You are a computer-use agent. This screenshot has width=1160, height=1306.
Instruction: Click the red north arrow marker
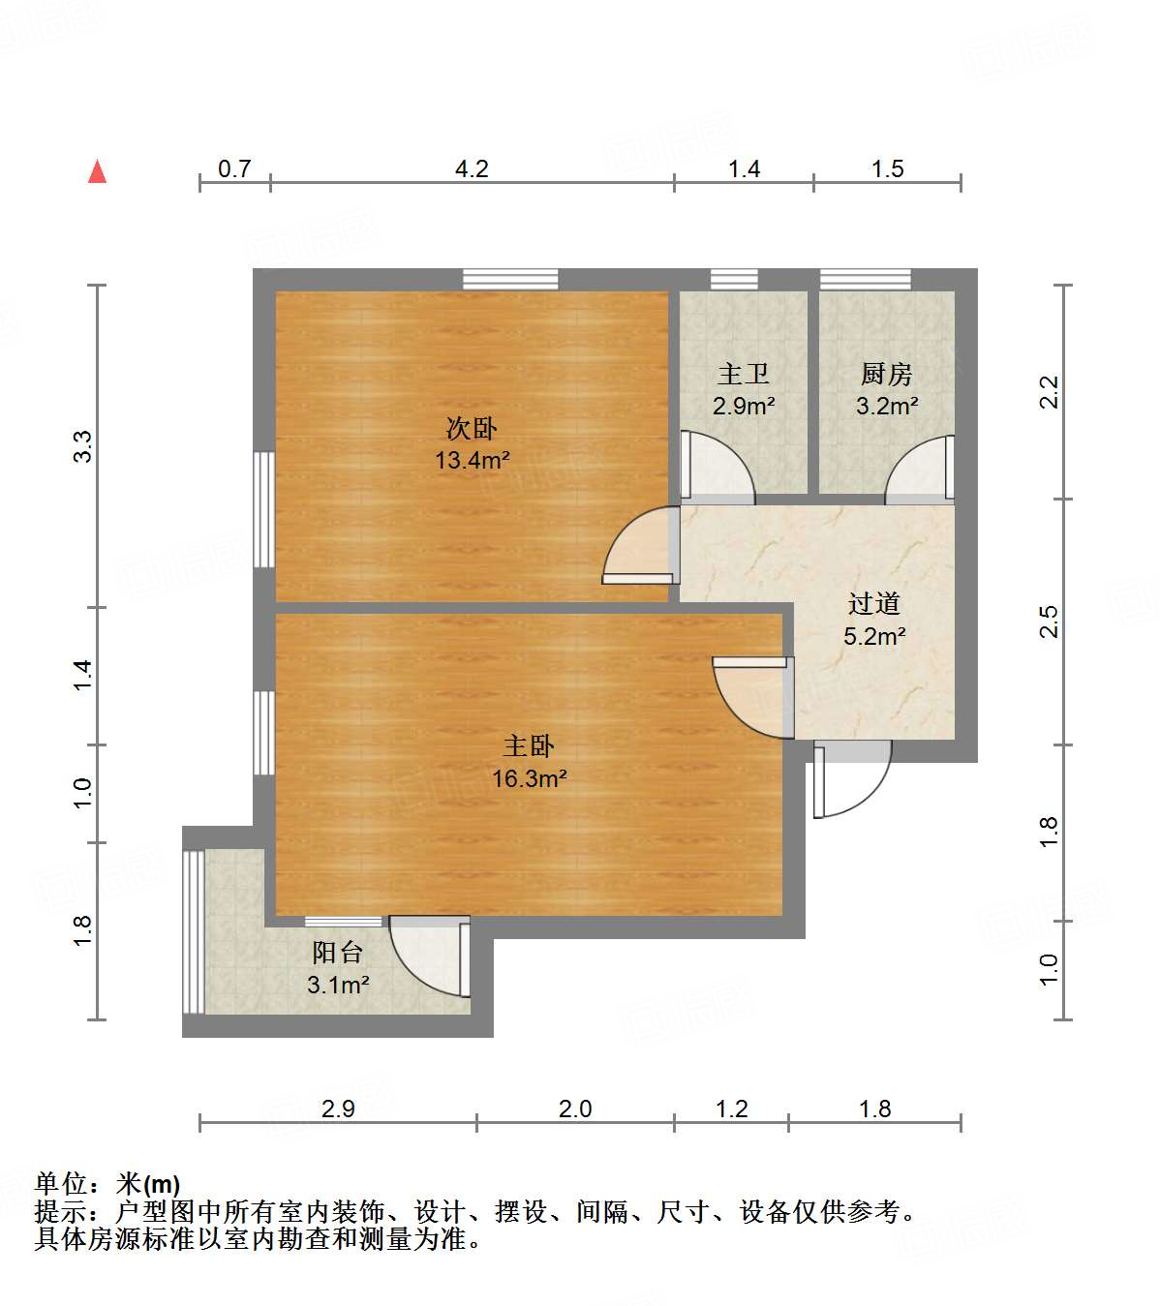pyautogui.click(x=97, y=171)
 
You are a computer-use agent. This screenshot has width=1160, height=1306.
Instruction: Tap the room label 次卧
pyautogui.click(x=472, y=428)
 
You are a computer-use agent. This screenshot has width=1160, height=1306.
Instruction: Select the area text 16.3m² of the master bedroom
pyautogui.click(x=530, y=777)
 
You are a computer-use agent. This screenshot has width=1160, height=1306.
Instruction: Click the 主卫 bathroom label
pyautogui.click(x=743, y=374)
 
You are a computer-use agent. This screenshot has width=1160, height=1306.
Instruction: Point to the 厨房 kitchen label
pyautogui.click(x=886, y=374)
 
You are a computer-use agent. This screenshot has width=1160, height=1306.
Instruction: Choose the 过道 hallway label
pyautogui.click(x=874, y=604)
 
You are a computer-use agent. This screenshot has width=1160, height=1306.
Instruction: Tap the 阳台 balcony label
pyautogui.click(x=338, y=953)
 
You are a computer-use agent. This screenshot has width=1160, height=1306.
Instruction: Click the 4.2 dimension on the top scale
pyautogui.click(x=472, y=168)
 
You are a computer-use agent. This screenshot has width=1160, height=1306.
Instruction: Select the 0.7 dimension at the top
pyautogui.click(x=234, y=168)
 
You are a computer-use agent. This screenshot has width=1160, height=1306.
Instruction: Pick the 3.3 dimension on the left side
pyautogui.click(x=83, y=446)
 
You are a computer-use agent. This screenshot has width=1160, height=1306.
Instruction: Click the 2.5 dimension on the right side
pyautogui.click(x=1049, y=622)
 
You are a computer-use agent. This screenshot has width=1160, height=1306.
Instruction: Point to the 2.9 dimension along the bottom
pyautogui.click(x=338, y=1109)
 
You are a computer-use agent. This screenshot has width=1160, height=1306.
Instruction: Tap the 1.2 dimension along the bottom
pyautogui.click(x=732, y=1109)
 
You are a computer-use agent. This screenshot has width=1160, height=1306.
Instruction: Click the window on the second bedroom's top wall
pyautogui.click(x=510, y=279)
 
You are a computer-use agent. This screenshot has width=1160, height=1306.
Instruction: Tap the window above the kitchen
pyautogui.click(x=865, y=279)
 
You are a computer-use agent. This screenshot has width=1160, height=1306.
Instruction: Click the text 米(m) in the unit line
pyautogui.click(x=148, y=1184)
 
